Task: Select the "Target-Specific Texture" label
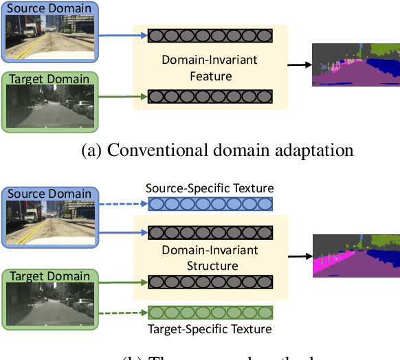[x=210, y=329]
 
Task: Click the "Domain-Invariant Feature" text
[x=210, y=67]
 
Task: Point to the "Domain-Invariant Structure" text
[x=210, y=258]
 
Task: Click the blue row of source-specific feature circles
[x=210, y=204]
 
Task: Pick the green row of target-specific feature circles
[x=210, y=313]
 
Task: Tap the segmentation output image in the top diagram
[x=355, y=65]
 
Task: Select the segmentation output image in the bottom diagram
[x=355, y=256]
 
